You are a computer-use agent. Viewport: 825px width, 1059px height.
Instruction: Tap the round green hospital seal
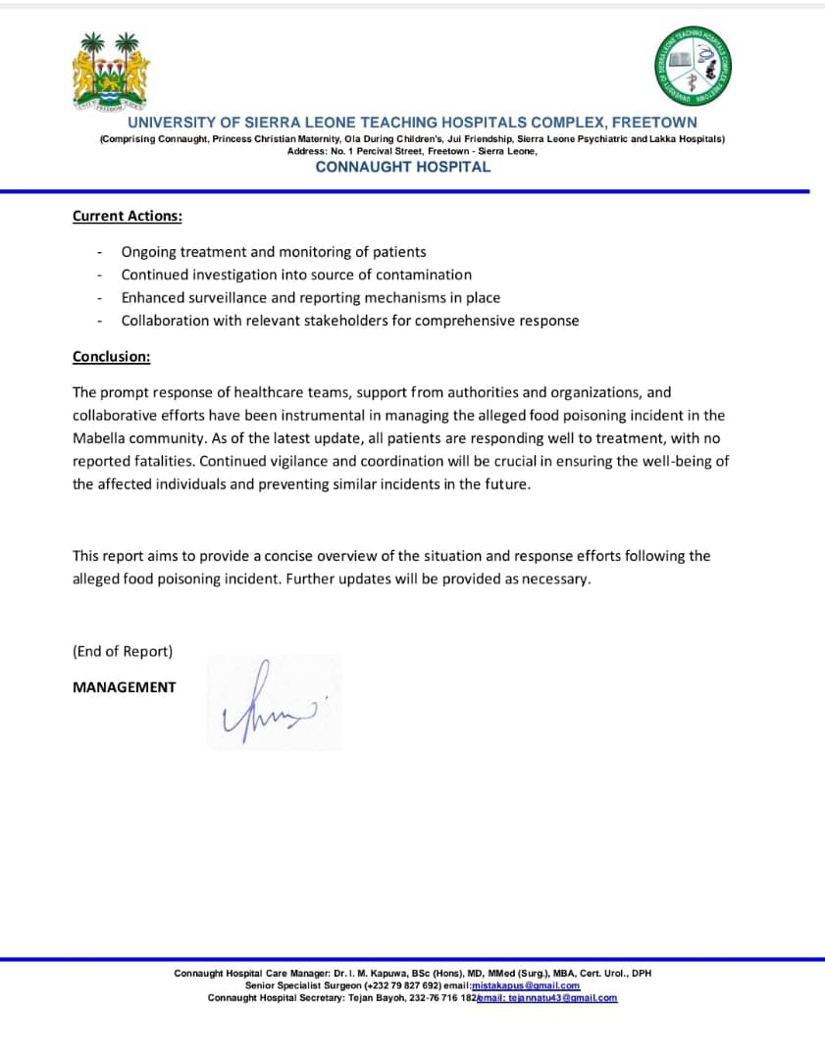694,66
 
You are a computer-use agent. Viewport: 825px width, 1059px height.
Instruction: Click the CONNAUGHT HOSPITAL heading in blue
402,167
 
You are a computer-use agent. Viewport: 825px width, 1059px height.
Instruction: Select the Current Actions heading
127,216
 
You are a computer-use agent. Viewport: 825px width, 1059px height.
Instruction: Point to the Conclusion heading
111,357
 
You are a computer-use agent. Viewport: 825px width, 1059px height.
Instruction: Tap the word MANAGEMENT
125,687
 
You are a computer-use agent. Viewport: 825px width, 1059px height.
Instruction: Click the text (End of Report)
123,651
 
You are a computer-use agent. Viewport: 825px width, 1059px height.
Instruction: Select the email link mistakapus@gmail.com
526,985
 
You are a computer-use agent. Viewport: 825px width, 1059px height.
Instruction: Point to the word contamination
423,275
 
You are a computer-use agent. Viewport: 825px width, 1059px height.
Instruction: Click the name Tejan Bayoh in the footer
378,998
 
